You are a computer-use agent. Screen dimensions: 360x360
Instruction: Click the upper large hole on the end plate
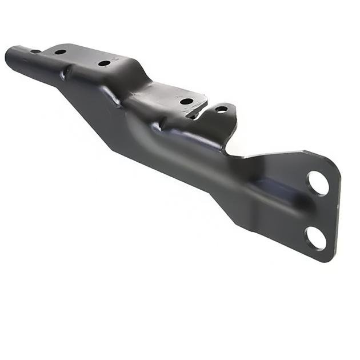pyautogui.click(x=318, y=183)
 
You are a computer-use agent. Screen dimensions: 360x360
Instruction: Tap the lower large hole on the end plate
pyautogui.click(x=315, y=237)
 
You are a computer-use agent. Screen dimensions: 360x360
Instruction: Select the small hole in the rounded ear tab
pyautogui.click(x=221, y=109)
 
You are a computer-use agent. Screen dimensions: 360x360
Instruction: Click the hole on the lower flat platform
pyautogui.click(x=186, y=102)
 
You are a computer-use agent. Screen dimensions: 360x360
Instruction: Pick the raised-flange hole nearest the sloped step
pyautogui.click(x=104, y=63)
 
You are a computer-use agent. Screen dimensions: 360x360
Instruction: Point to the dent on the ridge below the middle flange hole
pyautogui.click(x=69, y=71)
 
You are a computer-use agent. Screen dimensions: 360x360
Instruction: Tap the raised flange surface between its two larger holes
pyautogui.click(x=83, y=57)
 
